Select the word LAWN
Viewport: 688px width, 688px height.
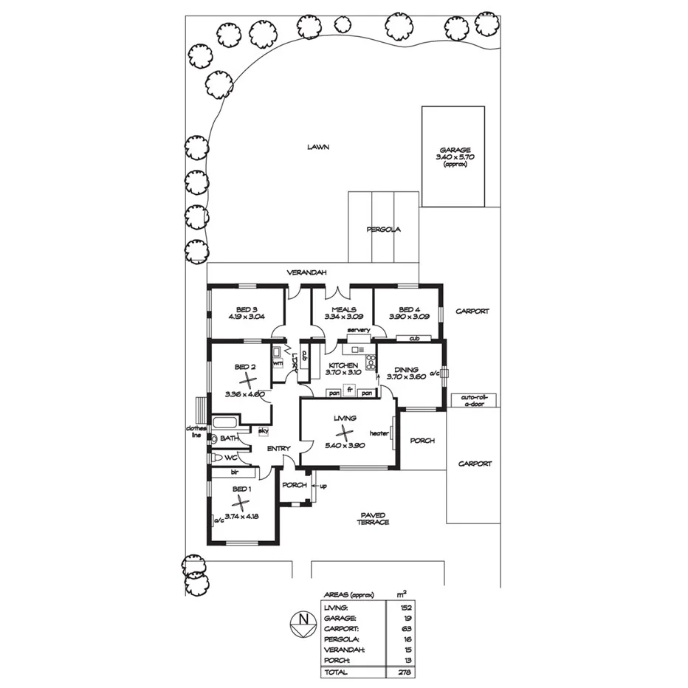pyautogui.click(x=318, y=147)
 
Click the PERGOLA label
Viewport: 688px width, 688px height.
pyautogui.click(x=383, y=230)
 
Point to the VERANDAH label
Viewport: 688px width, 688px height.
pyautogui.click(x=307, y=273)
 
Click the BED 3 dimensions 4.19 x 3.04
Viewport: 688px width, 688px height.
pyautogui.click(x=246, y=317)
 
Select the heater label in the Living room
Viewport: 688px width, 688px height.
pyautogui.click(x=379, y=433)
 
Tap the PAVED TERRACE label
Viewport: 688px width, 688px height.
pyautogui.click(x=374, y=518)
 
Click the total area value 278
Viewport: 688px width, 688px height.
pyautogui.click(x=403, y=672)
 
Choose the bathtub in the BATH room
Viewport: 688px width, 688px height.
pyautogui.click(x=224, y=424)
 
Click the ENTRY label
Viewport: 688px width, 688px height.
pyautogui.click(x=278, y=448)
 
